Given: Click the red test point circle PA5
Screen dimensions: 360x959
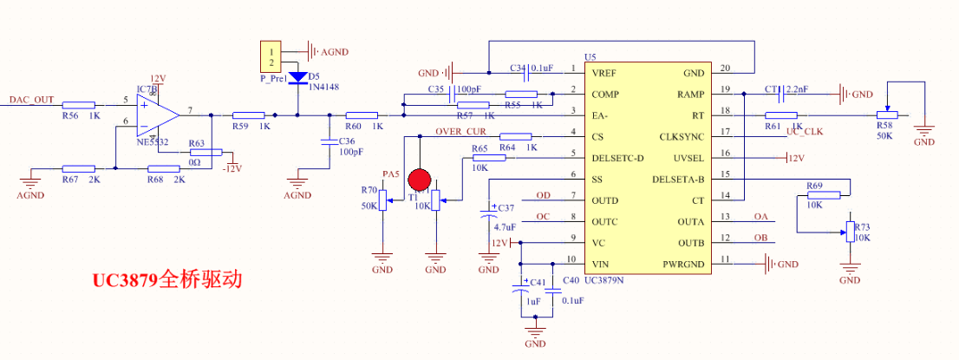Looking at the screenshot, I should pos(420,180).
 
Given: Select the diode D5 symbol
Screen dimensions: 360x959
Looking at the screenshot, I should pos(298,77).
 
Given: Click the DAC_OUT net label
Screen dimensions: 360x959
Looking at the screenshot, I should pos(32,99).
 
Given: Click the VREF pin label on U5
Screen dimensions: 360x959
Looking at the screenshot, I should pos(605,73).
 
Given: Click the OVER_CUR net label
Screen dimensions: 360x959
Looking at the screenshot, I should pos(461,131).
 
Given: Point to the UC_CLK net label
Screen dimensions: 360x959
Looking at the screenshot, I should pos(804,131).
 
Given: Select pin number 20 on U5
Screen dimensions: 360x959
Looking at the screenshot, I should pos(724,69).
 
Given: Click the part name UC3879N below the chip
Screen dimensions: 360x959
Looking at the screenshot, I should pos(605,280).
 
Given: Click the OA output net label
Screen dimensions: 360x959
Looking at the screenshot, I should pos(761,216).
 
